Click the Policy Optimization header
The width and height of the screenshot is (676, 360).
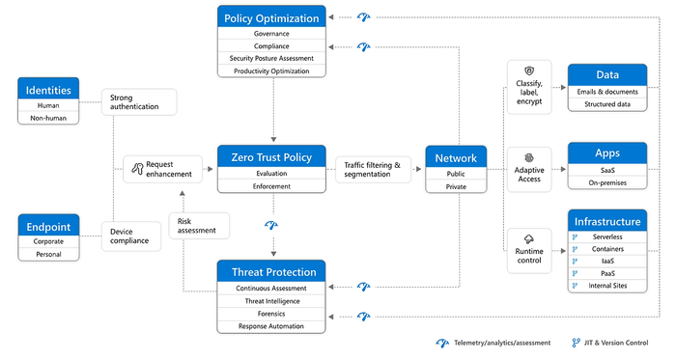point(271,18)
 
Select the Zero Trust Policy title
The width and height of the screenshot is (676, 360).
point(271,155)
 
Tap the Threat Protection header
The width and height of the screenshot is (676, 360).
point(271,270)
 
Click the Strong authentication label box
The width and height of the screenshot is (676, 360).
point(139,101)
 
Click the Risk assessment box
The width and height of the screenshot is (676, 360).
point(200,225)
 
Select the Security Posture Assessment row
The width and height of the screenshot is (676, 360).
point(271,58)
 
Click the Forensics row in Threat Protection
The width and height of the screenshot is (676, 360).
point(271,314)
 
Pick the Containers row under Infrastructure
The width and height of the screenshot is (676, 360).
point(606,249)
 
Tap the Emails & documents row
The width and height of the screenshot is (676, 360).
point(606,91)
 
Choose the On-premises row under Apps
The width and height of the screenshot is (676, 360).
point(606,182)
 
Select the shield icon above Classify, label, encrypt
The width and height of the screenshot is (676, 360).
point(528,71)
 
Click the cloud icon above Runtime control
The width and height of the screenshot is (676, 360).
point(528,238)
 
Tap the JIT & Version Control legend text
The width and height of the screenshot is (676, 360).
point(619,343)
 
